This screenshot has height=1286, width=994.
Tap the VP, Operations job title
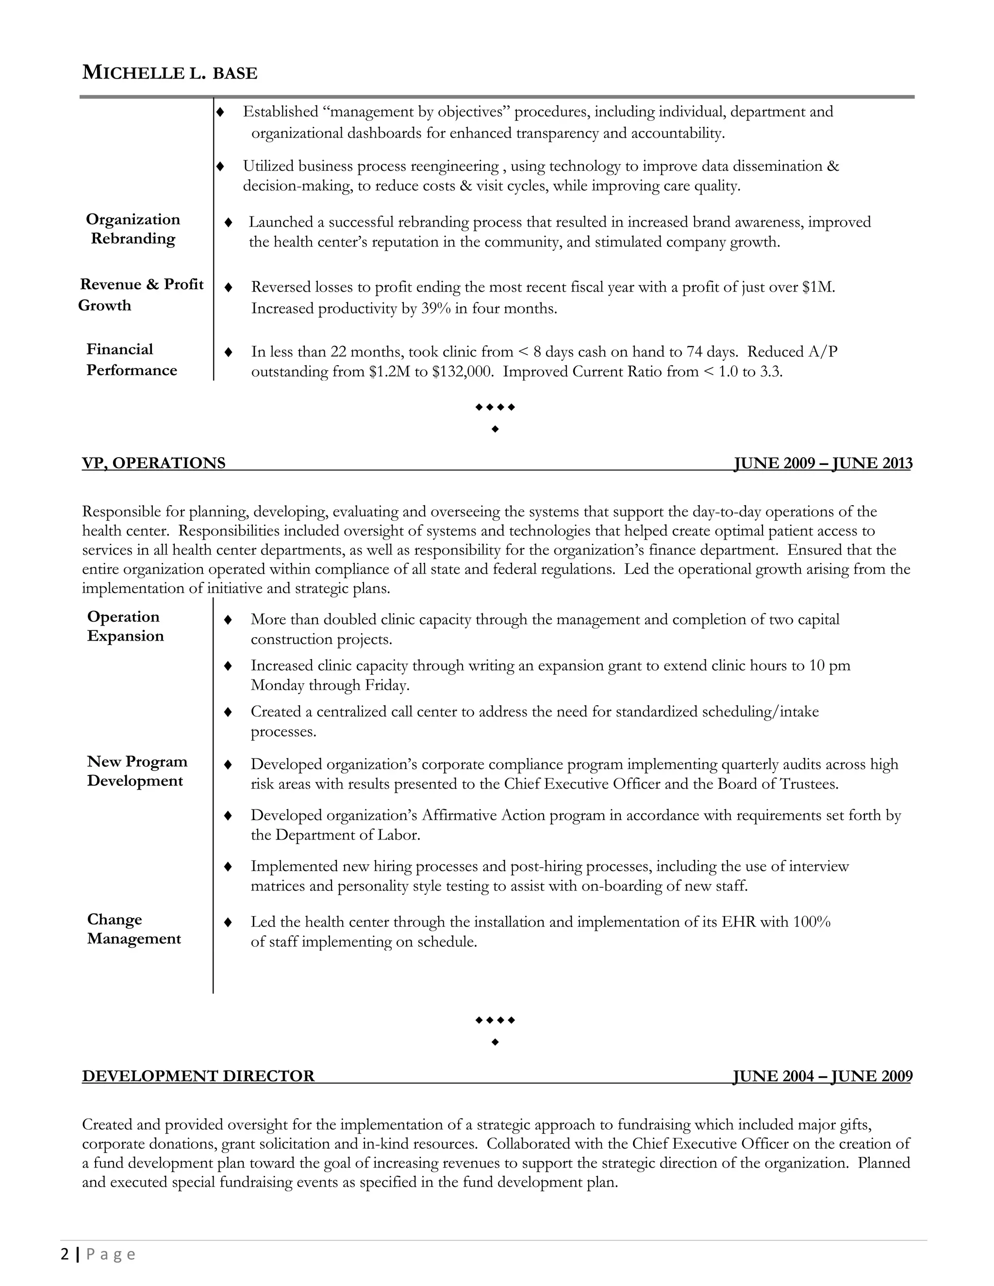154,463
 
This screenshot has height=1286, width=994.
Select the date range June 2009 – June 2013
823,463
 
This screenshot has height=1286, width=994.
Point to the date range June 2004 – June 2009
822,1076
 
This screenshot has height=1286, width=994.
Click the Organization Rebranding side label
133,229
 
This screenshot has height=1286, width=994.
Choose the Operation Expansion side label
125,626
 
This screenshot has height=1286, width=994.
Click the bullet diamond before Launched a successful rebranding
229,223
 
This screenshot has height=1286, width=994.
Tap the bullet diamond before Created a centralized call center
228,712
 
